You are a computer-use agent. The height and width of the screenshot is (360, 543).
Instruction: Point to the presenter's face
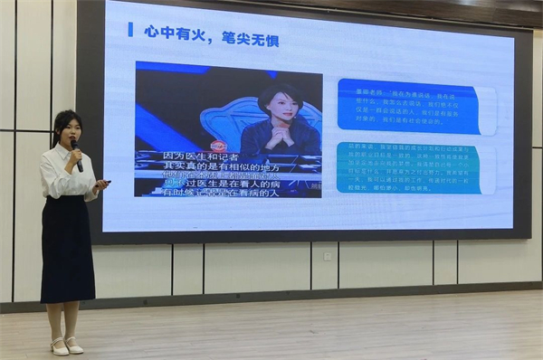coord(67,129)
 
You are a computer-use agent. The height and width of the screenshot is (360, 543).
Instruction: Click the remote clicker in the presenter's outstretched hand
coord(104,183)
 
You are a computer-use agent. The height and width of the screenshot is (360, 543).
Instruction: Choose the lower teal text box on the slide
coord(408,167)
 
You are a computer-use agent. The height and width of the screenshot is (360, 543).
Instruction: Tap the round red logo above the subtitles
coord(218,146)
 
